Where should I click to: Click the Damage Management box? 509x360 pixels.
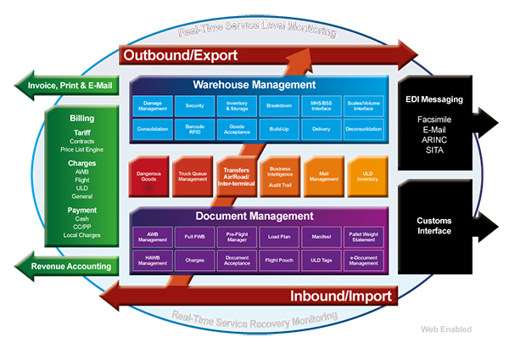pyautogui.click(x=153, y=105)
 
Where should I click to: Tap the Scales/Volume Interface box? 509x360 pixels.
pyautogui.click(x=364, y=105)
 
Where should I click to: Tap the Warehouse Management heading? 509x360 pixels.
pyautogui.click(x=255, y=85)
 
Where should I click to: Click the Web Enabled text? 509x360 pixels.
pyautogui.click(x=445, y=329)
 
